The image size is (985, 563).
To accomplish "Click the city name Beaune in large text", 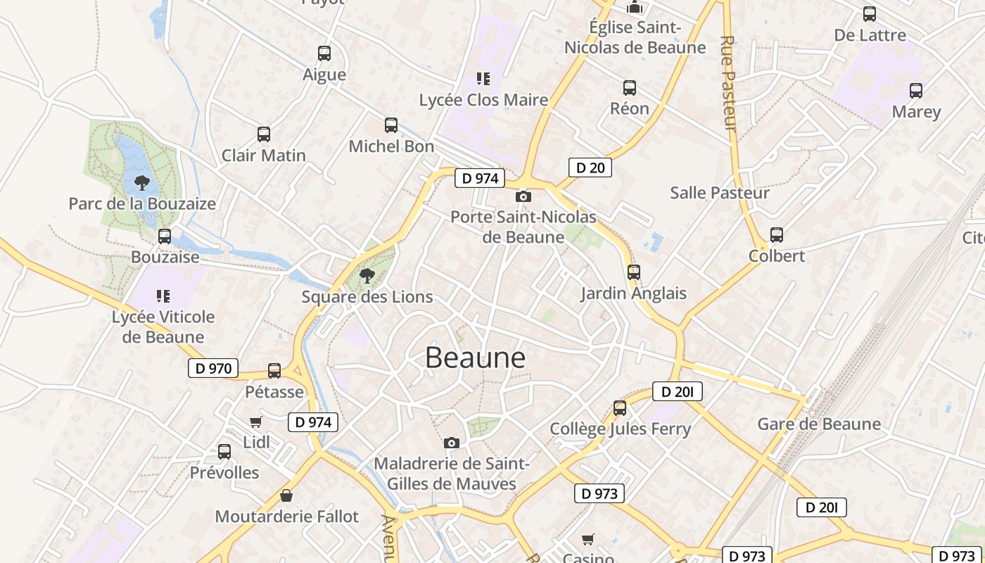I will (475, 358).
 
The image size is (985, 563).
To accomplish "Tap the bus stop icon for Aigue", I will (324, 53).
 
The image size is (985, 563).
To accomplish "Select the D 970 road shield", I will (213, 368).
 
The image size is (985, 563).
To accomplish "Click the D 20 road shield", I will (590, 167).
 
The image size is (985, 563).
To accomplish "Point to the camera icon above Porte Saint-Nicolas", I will (523, 196).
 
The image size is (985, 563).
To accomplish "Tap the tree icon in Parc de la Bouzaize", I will (142, 183).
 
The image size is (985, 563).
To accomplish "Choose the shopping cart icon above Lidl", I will (256, 422).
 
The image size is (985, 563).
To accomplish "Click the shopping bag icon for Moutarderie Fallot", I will (286, 495).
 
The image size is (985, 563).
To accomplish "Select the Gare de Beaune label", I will (819, 424).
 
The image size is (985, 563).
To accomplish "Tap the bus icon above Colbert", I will (777, 235).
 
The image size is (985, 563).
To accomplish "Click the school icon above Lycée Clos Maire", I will (483, 79).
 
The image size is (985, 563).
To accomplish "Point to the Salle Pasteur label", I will (719, 192).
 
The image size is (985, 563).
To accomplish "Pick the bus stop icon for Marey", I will (915, 91).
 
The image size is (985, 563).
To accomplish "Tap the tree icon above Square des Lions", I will (367, 275).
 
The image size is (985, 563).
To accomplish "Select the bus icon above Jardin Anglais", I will (633, 272).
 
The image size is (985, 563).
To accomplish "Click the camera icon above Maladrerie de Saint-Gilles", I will (452, 443).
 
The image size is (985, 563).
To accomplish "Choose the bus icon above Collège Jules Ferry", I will (620, 407).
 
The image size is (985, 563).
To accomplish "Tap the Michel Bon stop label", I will (391, 146).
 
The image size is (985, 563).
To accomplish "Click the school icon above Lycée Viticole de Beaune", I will (163, 296).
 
